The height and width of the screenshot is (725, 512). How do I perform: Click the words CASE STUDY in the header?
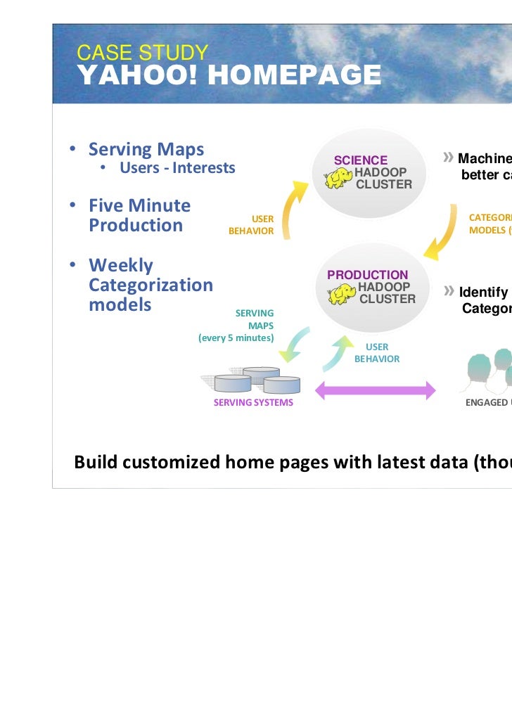[x=143, y=53]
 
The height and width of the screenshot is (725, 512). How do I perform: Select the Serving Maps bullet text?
[x=146, y=149]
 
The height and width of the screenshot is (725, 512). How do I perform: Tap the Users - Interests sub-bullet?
[x=177, y=168]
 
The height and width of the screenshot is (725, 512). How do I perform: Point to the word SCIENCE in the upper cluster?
[x=360, y=160]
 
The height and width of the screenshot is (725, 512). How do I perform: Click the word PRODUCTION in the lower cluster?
[x=367, y=275]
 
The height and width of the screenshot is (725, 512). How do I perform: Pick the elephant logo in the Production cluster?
[x=342, y=293]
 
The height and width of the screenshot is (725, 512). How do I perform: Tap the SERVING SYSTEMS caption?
[x=253, y=403]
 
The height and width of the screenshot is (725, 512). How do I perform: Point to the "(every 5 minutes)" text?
[x=236, y=338]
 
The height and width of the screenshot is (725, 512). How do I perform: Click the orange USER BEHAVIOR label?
[x=252, y=225]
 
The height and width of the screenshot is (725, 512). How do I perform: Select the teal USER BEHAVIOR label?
[x=377, y=353]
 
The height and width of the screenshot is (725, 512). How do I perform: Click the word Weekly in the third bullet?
[x=120, y=266]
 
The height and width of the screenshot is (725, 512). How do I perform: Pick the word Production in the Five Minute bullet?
[x=136, y=225]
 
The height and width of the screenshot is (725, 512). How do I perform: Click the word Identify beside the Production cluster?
[x=483, y=293]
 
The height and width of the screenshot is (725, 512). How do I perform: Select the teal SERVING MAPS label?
[x=255, y=319]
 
